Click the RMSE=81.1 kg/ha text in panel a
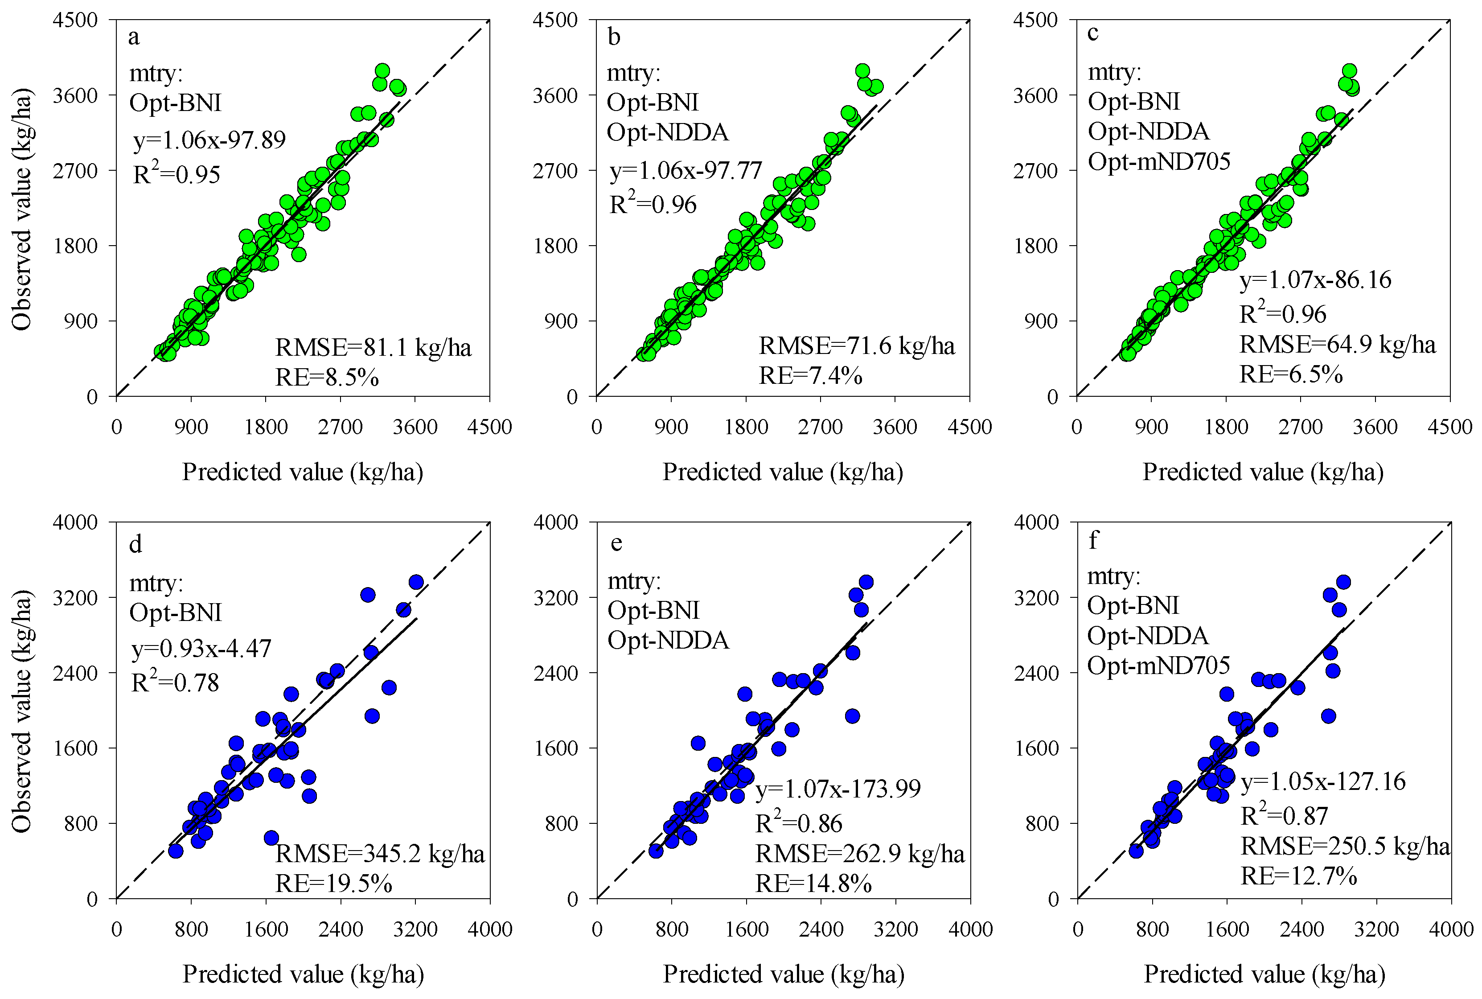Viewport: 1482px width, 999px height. (373, 347)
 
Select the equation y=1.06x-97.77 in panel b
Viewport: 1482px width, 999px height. (685, 171)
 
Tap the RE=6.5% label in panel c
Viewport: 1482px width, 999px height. (1290, 374)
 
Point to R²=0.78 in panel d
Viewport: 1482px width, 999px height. (175, 682)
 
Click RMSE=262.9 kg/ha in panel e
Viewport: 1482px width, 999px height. (860, 853)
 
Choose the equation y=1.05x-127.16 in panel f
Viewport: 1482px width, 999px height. (1323, 781)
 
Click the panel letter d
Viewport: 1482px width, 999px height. (135, 544)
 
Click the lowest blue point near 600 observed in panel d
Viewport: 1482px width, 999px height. (271, 838)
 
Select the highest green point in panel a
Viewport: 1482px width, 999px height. (382, 71)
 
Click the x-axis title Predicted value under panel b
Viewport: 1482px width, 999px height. (783, 472)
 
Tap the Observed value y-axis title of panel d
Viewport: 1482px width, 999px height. (21, 711)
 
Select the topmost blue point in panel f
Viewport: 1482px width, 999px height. (1343, 582)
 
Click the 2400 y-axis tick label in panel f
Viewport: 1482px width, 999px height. (1035, 672)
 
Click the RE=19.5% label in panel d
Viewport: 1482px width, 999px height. (333, 883)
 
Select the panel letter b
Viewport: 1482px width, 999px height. (613, 37)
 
